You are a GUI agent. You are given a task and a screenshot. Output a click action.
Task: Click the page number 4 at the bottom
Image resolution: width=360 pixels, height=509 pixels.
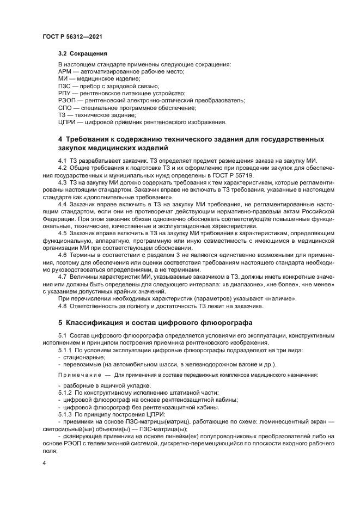point(44,463)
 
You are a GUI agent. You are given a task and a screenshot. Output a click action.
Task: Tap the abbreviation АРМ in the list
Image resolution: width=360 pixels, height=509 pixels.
point(65,72)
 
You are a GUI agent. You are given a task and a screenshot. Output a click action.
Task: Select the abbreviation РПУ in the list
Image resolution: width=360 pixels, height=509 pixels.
point(65,93)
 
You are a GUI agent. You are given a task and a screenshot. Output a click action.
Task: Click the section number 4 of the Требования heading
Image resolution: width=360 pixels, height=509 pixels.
point(60,139)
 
